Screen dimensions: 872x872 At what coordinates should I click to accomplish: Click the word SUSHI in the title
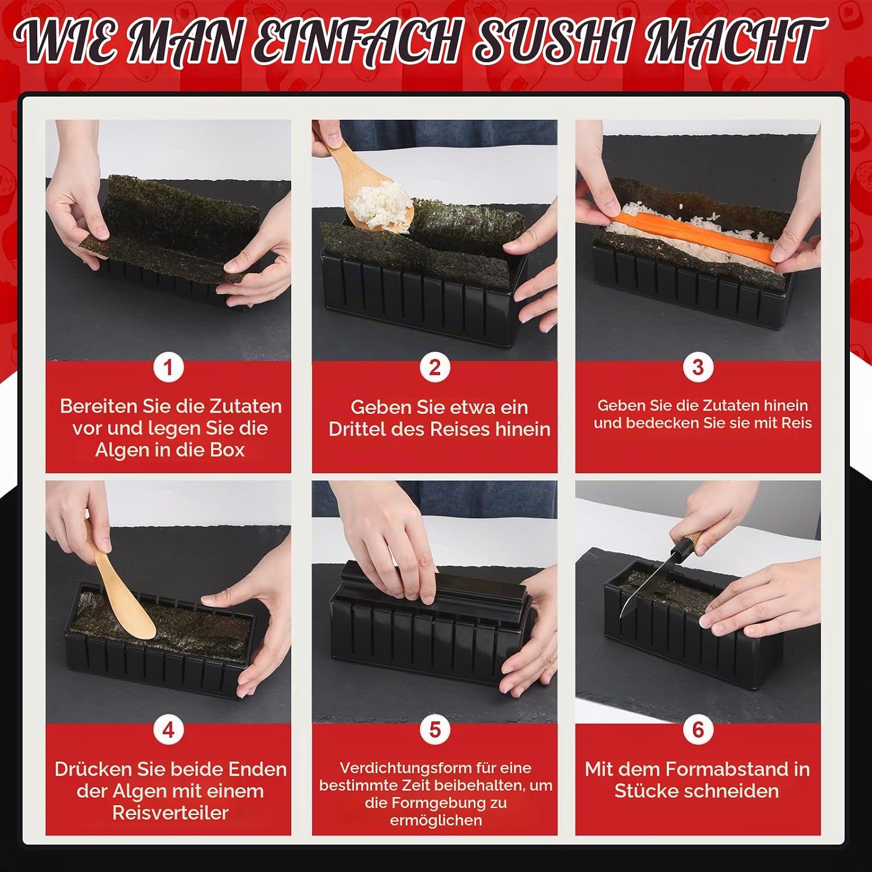[552, 42]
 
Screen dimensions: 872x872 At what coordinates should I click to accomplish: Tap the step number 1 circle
[169, 367]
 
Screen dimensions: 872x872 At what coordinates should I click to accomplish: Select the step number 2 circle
[435, 367]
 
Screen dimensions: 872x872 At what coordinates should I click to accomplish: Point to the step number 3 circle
[698, 367]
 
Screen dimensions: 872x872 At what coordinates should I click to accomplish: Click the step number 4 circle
[169, 730]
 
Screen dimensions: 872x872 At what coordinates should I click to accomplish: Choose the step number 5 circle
[435, 730]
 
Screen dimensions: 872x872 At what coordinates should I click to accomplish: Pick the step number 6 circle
[698, 730]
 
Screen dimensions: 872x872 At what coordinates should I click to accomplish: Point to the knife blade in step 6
[645, 587]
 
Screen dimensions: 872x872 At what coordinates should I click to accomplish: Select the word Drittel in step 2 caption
[357, 429]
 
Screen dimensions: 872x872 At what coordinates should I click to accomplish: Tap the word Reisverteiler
[170, 813]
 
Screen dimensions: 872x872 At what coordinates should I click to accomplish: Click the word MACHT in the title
[735, 42]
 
